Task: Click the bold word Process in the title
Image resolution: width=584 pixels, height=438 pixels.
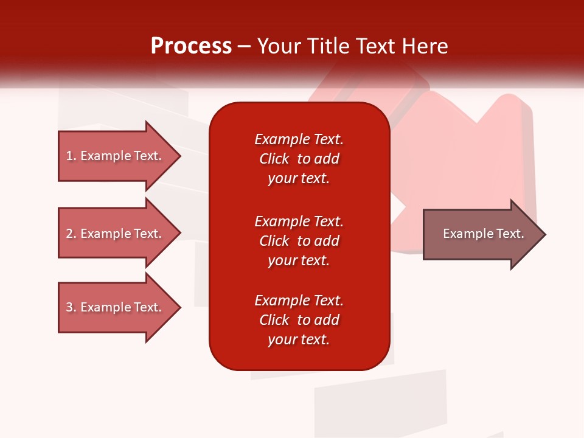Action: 191,46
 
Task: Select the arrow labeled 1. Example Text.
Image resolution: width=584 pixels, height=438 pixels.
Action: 114,156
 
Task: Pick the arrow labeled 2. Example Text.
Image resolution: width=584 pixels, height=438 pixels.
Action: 114,234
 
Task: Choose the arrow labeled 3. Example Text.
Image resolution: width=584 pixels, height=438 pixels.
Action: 114,307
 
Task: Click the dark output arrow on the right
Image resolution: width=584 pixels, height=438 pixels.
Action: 481,234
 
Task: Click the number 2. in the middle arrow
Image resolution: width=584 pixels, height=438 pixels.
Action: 71,234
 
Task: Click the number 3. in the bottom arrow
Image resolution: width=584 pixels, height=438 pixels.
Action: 71,307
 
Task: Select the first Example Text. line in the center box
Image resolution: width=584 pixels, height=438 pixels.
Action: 299,139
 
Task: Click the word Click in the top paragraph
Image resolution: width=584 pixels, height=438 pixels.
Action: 274,159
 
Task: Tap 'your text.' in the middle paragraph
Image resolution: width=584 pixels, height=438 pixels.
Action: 299,260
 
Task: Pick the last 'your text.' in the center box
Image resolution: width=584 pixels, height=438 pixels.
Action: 299,339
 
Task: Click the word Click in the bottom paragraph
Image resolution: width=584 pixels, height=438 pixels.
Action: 274,320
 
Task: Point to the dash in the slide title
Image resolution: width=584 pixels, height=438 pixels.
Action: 244,47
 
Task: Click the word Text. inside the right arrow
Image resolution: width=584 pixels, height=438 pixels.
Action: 510,234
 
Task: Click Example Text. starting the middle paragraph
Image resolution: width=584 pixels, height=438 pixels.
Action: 299,221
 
